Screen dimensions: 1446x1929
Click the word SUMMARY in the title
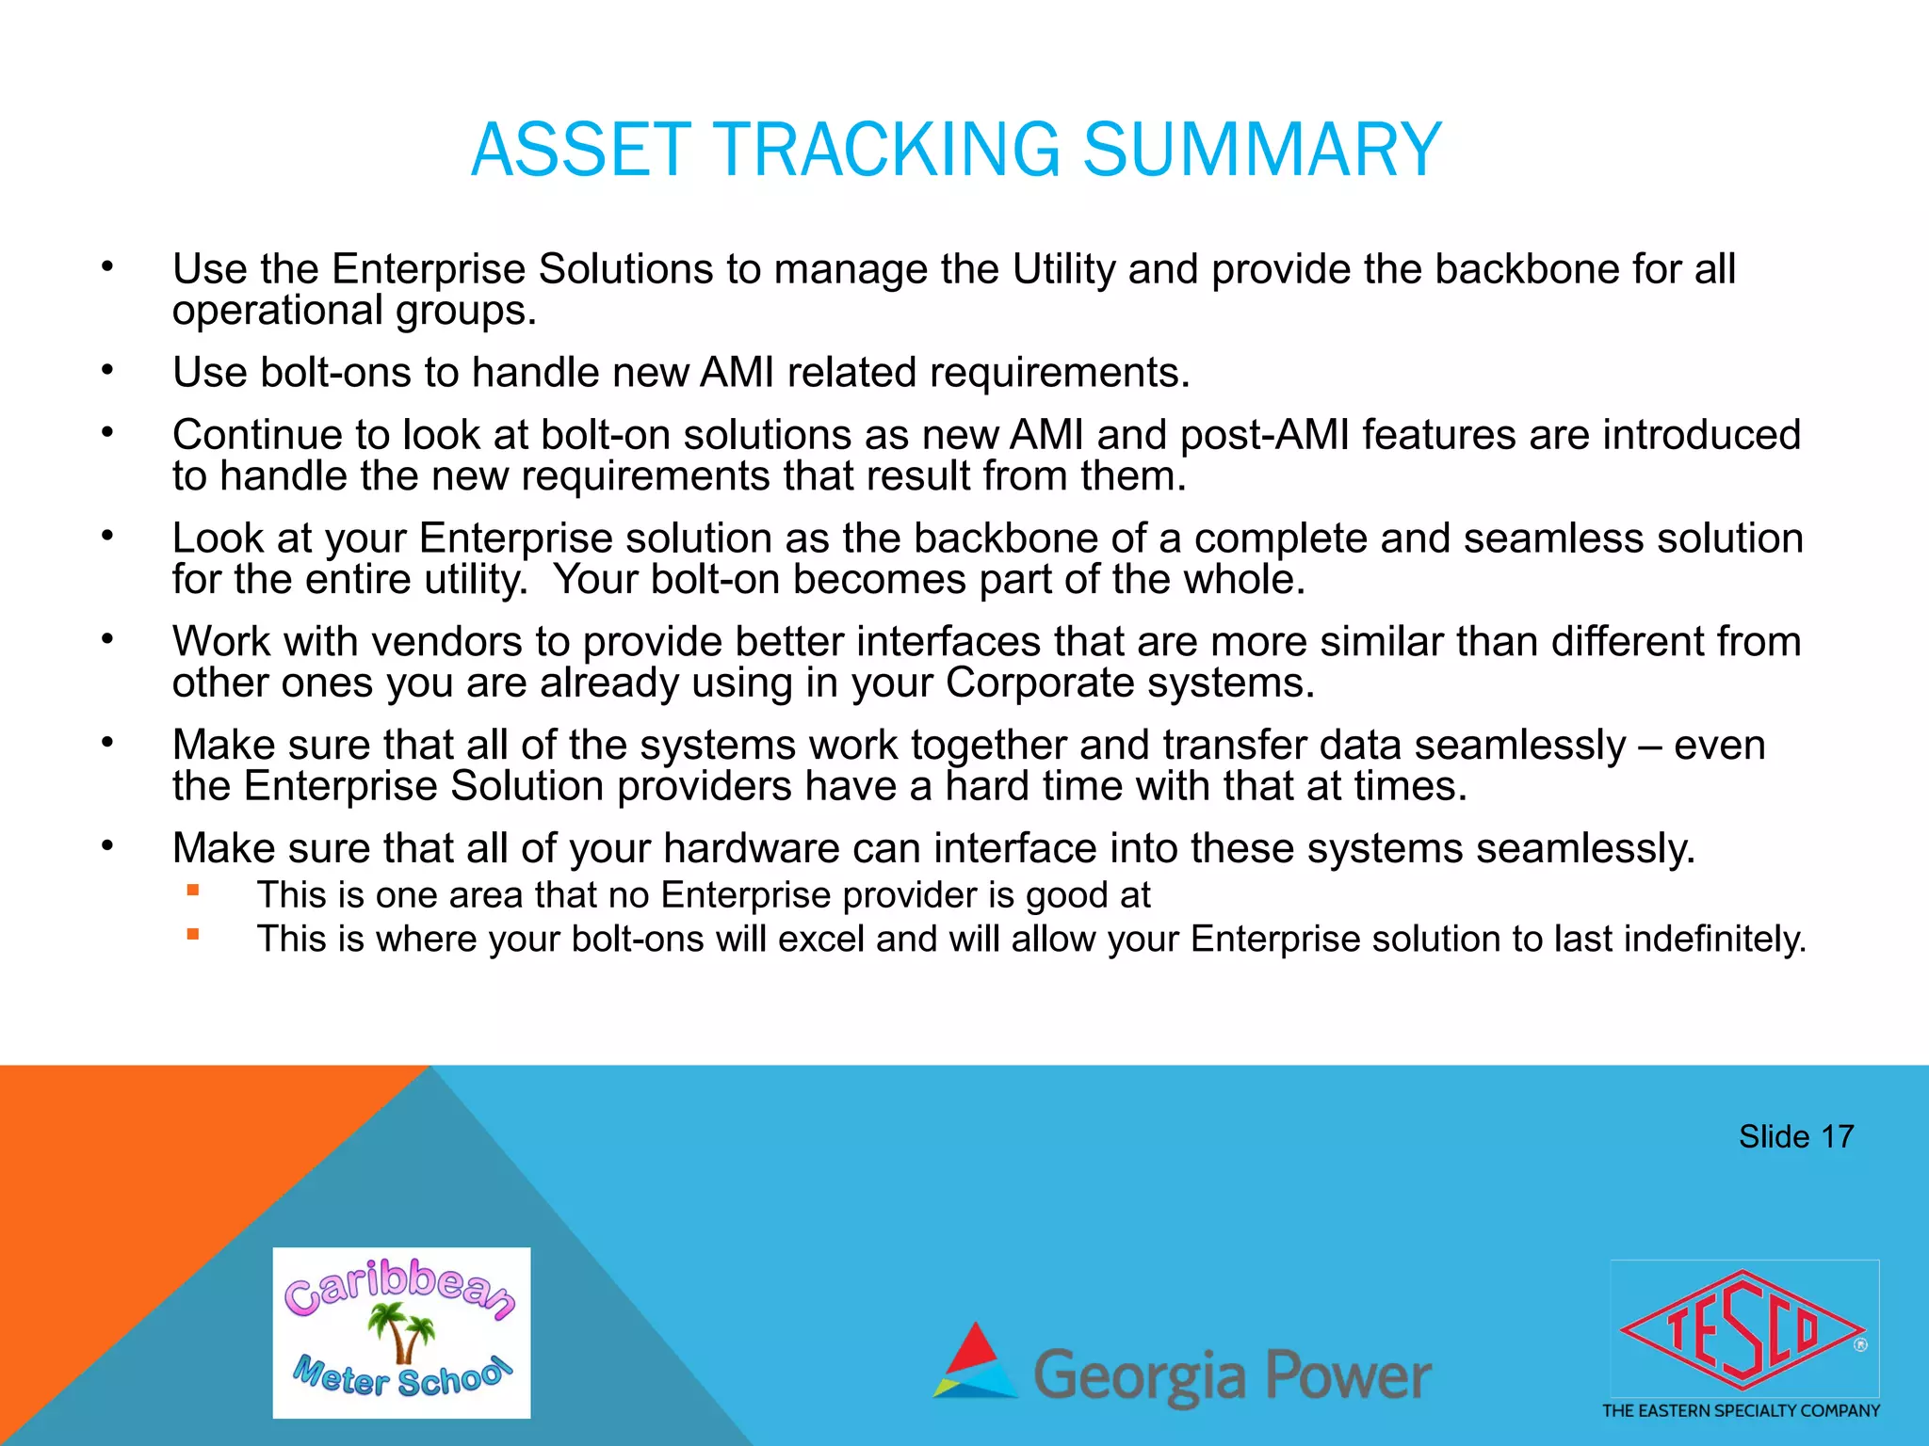coord(1262,151)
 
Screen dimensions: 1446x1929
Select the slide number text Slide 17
coord(1795,1136)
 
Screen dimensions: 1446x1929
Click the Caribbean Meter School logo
coord(401,1332)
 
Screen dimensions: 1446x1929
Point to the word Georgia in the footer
coord(1140,1376)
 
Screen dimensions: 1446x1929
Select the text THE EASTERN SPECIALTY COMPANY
coord(1741,1410)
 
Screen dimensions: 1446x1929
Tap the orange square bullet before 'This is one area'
coord(193,890)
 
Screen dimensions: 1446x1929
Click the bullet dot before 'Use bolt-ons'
coord(108,371)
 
